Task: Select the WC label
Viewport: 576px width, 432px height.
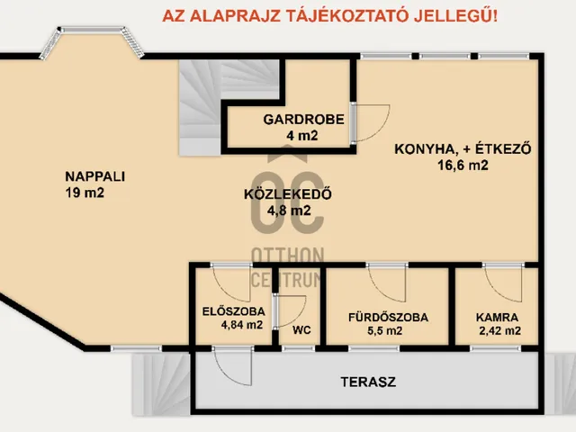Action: point(301,330)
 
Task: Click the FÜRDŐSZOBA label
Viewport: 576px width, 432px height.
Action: point(388,317)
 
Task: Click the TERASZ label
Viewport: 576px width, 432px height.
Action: point(368,382)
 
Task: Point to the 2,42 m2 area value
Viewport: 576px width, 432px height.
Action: point(500,330)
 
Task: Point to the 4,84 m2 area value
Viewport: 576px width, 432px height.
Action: point(241,325)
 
